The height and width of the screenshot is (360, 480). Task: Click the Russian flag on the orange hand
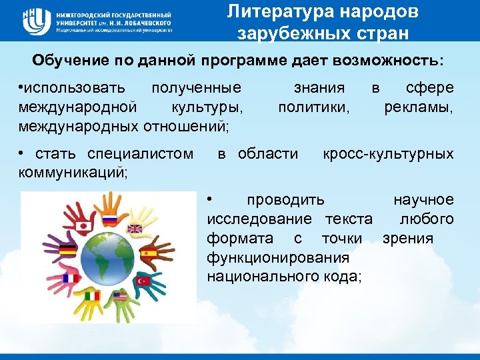[x=108, y=219]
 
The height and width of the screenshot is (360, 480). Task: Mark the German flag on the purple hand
[x=67, y=251]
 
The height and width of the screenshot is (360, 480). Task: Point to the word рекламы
[x=419, y=107]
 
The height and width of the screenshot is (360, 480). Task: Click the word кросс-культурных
[x=388, y=154]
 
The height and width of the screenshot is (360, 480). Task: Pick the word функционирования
[x=279, y=257]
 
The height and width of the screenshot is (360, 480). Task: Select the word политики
[x=313, y=107]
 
